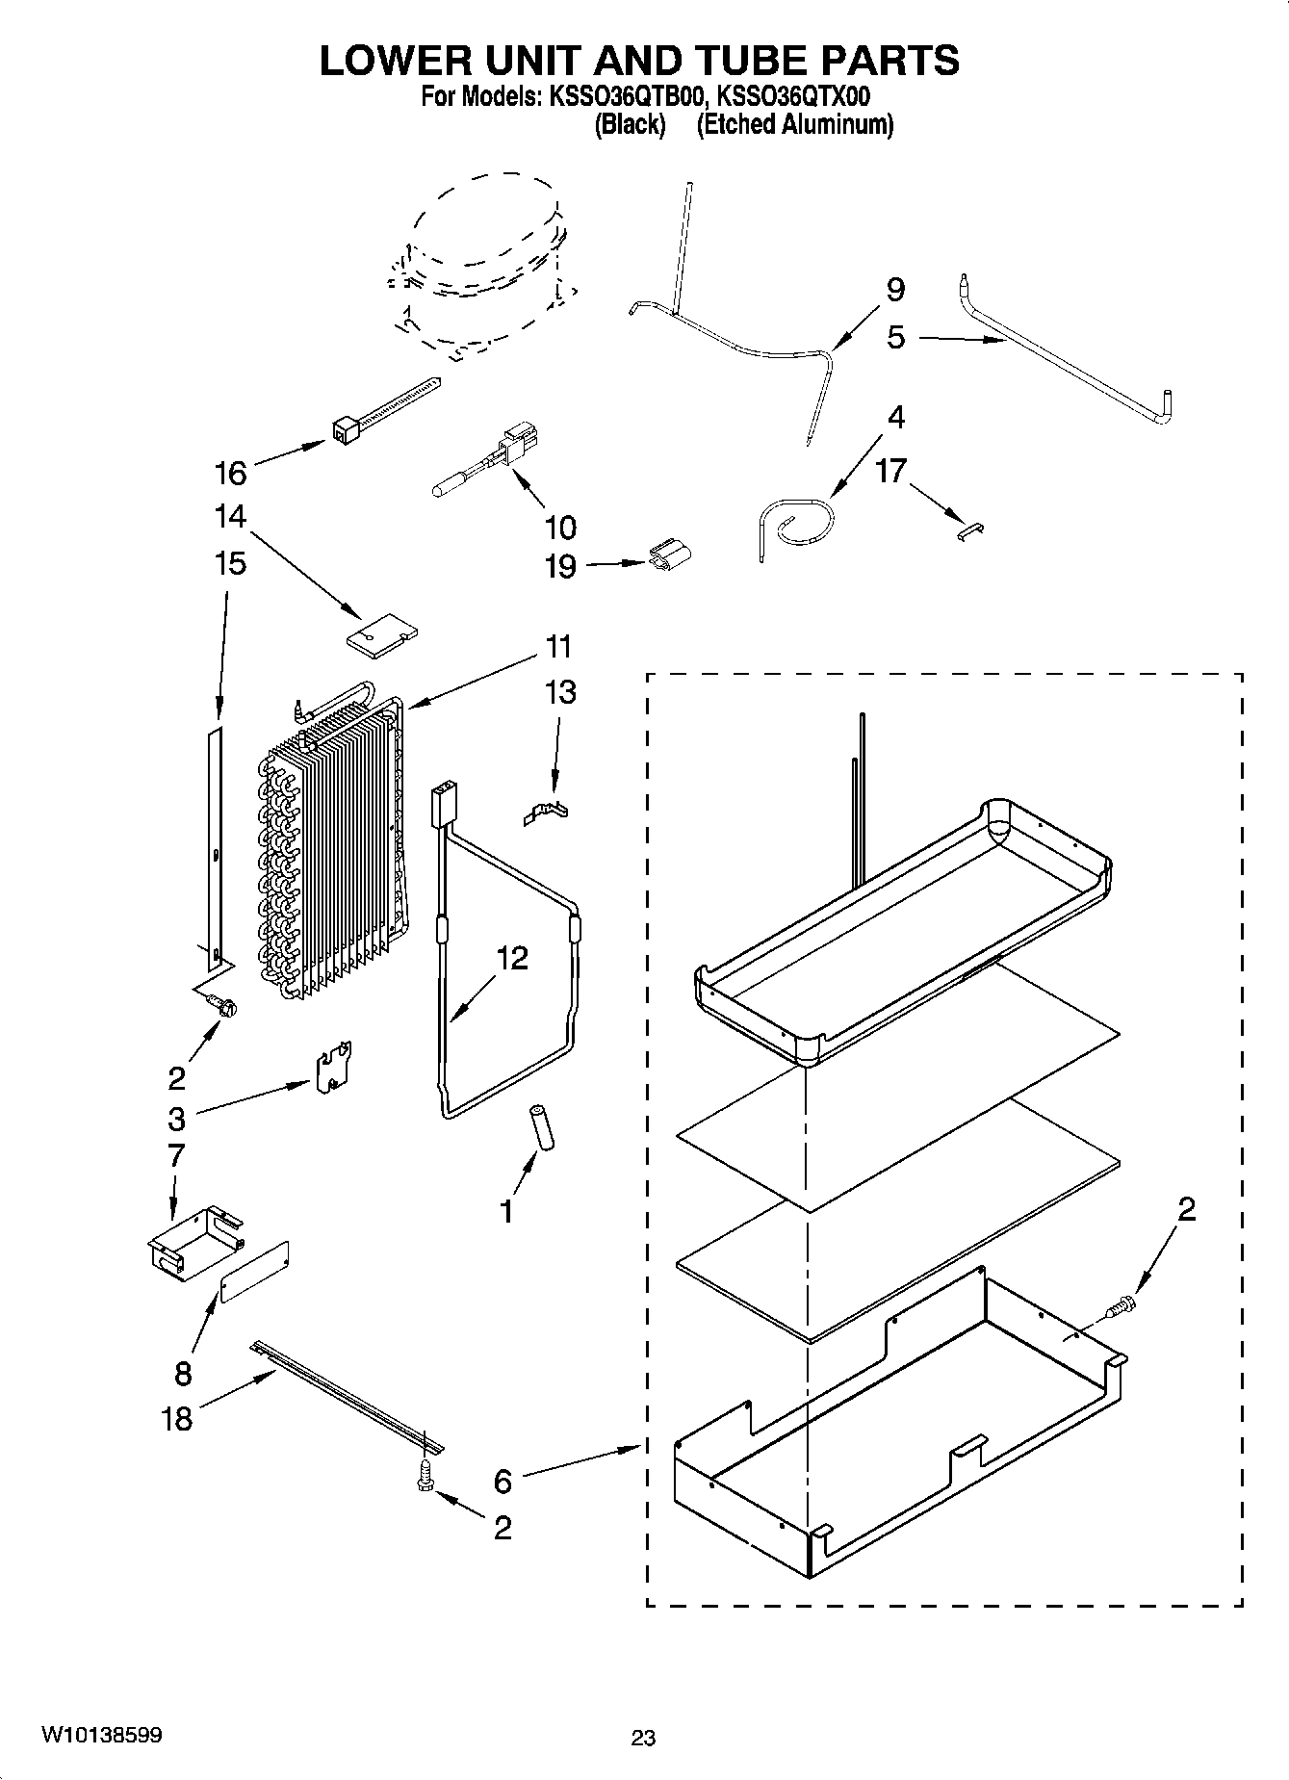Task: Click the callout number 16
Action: (231, 473)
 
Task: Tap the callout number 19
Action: (560, 566)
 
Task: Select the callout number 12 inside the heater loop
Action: (512, 958)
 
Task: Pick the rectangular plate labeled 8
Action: (255, 1272)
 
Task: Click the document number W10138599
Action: (101, 1736)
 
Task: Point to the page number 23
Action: (643, 1738)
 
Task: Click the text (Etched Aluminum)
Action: (794, 124)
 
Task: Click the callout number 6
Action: (503, 1481)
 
